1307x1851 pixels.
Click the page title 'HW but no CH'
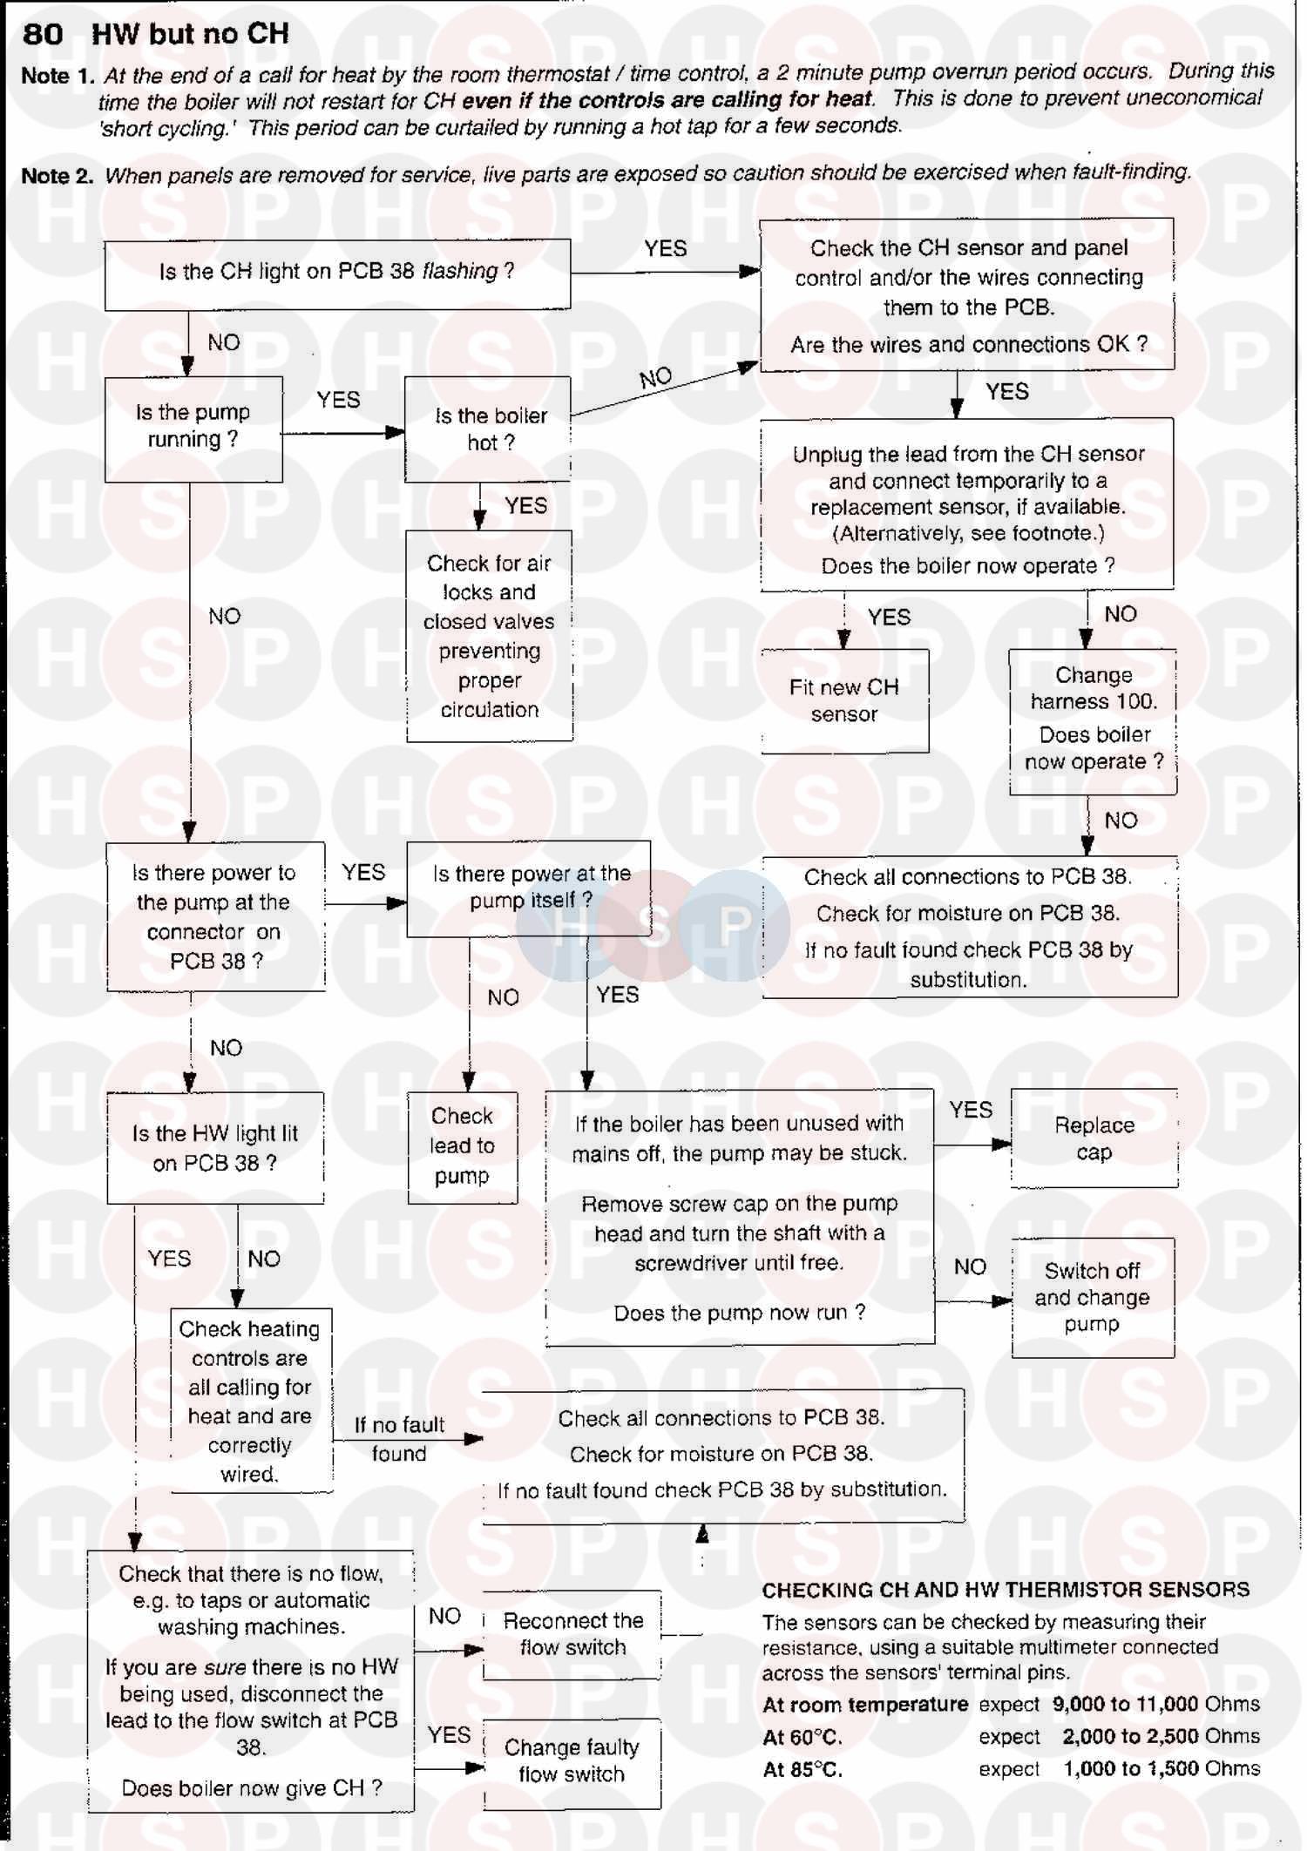(x=190, y=34)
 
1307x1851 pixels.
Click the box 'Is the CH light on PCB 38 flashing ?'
(x=337, y=273)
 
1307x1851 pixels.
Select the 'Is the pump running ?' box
(x=193, y=427)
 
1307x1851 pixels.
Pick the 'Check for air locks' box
(x=489, y=636)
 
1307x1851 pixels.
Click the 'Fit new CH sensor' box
(x=843, y=700)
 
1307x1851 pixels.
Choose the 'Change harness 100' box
(x=1093, y=719)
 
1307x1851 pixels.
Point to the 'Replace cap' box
(x=1094, y=1138)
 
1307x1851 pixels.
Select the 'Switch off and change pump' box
(x=1092, y=1297)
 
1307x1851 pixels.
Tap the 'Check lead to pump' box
(x=462, y=1145)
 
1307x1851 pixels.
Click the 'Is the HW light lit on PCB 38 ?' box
(x=215, y=1148)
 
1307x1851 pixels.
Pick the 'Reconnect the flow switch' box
(x=572, y=1634)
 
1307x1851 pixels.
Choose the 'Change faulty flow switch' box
(x=572, y=1760)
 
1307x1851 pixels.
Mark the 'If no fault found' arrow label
(x=399, y=1439)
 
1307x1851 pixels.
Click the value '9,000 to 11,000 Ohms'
(x=1156, y=1705)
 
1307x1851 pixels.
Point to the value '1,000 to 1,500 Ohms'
(x=1161, y=1769)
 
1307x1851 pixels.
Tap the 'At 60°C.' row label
(x=802, y=1738)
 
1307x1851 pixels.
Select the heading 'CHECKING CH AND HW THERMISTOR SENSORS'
(x=1006, y=1590)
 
